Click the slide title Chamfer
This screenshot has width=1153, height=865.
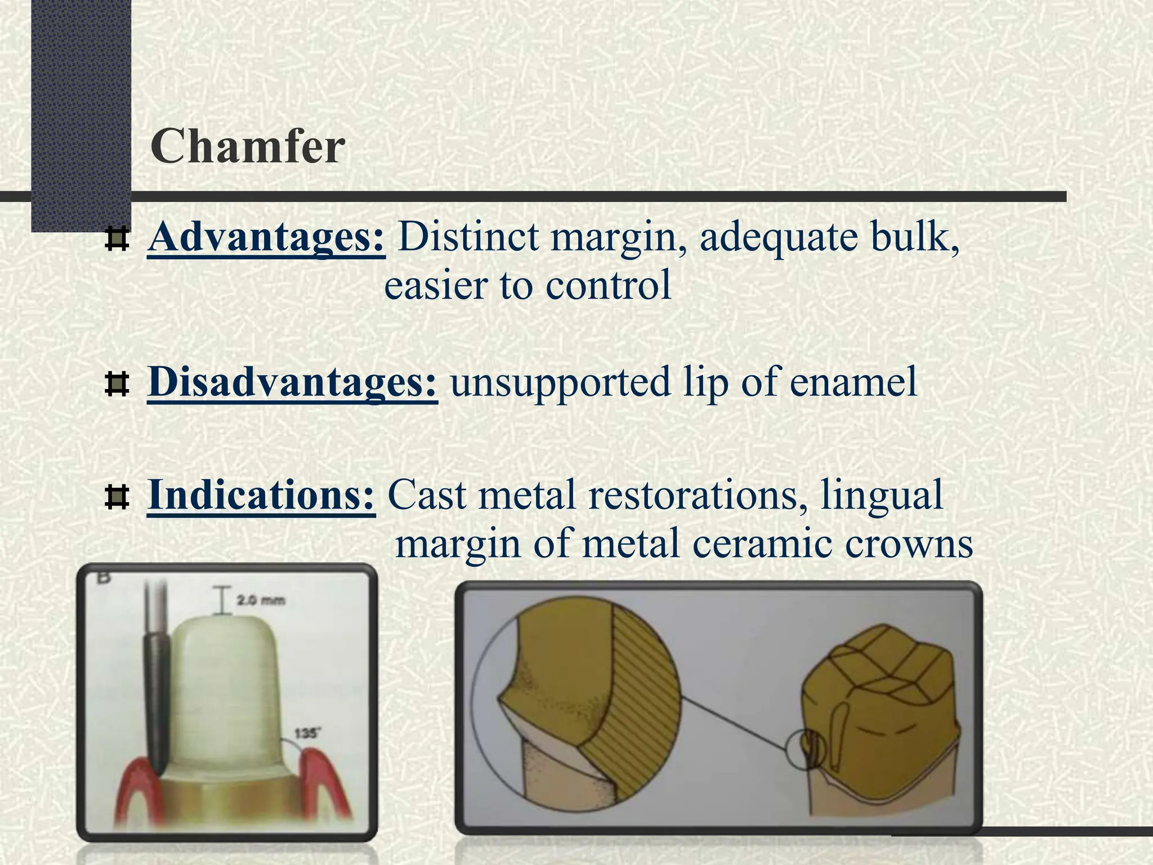pos(248,146)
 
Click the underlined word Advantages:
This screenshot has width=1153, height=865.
pos(266,237)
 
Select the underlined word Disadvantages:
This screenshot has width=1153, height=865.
pos(292,382)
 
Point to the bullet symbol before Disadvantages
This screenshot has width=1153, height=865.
pos(117,385)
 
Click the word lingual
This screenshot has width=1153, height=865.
pos(881,495)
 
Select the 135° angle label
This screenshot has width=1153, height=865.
pos(307,733)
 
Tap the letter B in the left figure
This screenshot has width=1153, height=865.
pos(104,578)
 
